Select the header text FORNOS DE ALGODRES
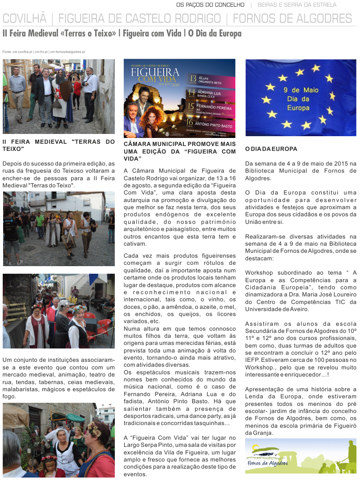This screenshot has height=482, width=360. tap(292, 19)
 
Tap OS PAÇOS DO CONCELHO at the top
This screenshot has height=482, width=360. tap(210, 5)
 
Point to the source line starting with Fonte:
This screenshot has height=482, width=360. tap(44, 52)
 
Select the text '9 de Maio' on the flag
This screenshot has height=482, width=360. tap(301, 90)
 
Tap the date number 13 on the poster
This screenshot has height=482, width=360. tap(193, 79)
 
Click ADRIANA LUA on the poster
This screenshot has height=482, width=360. tap(211, 92)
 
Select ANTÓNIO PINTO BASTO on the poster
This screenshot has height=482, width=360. tap(215, 126)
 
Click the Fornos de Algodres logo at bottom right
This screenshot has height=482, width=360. tap(300, 456)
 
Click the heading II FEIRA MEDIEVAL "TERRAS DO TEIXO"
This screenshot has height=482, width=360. tap(58, 145)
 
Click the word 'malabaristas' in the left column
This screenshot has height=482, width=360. tap(21, 389)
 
